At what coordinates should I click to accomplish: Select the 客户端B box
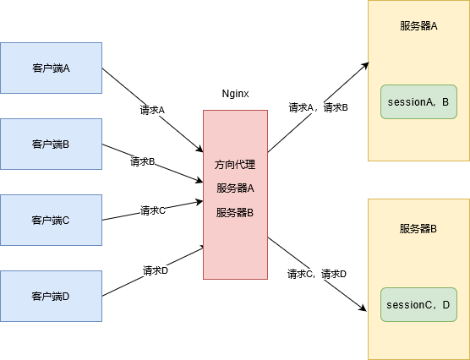(x=51, y=144)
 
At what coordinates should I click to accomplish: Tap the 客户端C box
(x=51, y=220)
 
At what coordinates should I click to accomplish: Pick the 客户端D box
(x=51, y=296)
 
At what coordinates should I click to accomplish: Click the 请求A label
(x=152, y=110)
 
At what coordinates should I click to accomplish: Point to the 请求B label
(x=142, y=161)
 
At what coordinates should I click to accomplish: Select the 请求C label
(x=152, y=210)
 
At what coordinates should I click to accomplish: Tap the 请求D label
(x=155, y=270)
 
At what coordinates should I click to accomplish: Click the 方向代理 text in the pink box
(x=235, y=164)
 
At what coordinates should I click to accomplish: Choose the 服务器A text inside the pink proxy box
(x=235, y=188)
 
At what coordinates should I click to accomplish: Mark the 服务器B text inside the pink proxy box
(x=235, y=212)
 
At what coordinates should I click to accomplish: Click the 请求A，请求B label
(x=318, y=107)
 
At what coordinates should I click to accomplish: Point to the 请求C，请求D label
(x=317, y=274)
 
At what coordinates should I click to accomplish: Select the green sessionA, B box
(x=418, y=102)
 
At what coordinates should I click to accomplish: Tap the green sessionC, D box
(x=418, y=304)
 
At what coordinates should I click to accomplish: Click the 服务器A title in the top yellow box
(x=418, y=26)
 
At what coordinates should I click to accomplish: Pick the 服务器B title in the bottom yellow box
(x=418, y=229)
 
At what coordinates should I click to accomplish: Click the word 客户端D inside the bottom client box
(x=51, y=296)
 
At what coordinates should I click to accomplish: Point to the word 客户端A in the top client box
(x=51, y=68)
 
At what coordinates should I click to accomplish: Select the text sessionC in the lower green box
(x=408, y=304)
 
